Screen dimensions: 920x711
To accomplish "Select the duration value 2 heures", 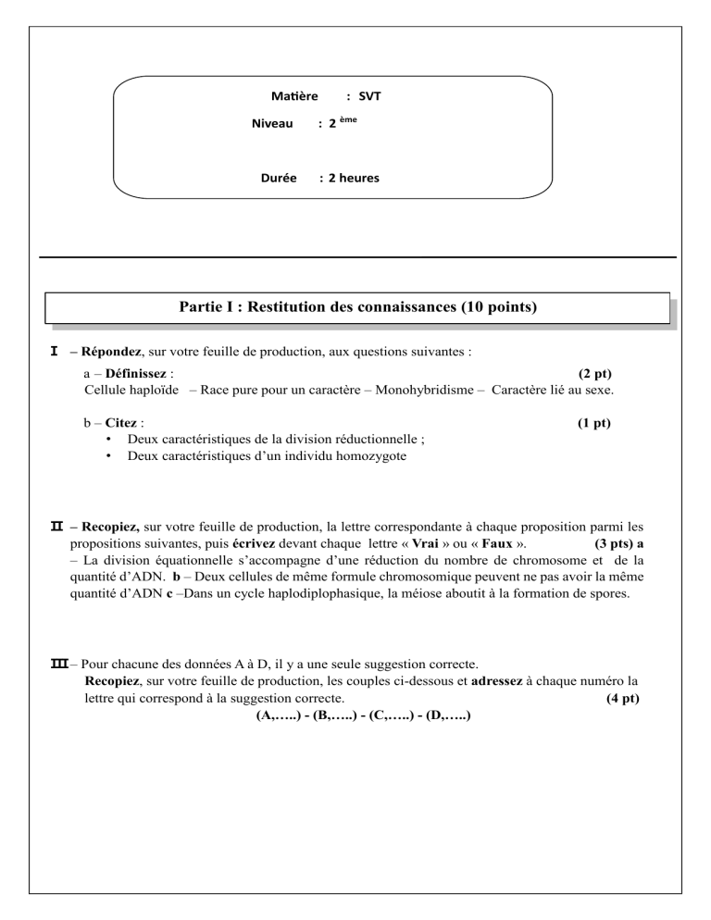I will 348,178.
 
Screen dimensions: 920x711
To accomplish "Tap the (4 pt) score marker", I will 620,698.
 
